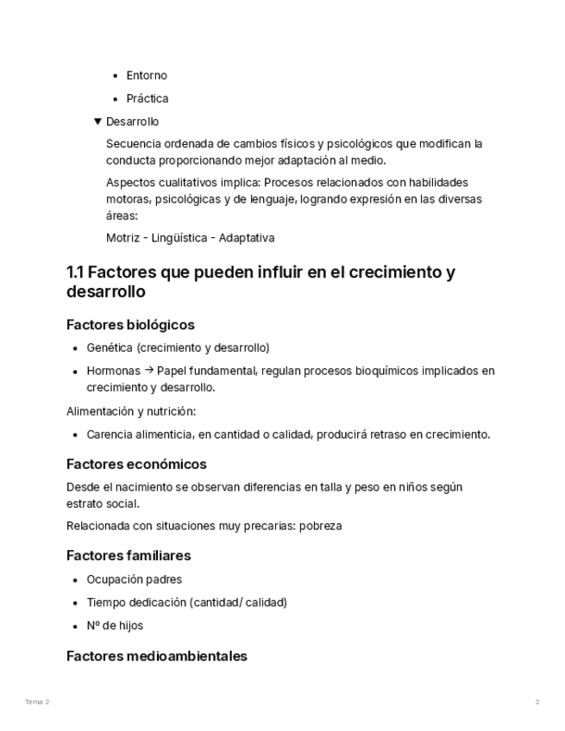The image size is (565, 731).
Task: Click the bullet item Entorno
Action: coord(147,76)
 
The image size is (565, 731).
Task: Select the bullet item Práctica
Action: coord(148,99)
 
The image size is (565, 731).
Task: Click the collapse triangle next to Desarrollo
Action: coord(97,122)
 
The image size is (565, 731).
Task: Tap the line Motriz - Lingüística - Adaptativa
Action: coord(190,238)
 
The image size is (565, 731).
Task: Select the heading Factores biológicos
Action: coord(130,325)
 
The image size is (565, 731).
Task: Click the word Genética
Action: coord(109,348)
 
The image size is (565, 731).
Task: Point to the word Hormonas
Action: coord(113,372)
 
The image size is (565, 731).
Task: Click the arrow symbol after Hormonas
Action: coord(148,372)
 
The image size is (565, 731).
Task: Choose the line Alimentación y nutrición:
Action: coord(131,412)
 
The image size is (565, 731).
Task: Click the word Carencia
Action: coord(110,435)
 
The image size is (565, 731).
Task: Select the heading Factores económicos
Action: coord(136,465)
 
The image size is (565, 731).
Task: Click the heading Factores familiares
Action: coord(129,556)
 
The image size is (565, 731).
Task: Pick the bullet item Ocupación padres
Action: coord(134,580)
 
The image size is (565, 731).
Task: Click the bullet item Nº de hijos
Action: coord(115,626)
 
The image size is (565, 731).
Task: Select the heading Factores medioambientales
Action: coord(156,657)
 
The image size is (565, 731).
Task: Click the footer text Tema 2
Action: coord(37,703)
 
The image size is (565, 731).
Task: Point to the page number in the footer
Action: coord(537,703)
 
